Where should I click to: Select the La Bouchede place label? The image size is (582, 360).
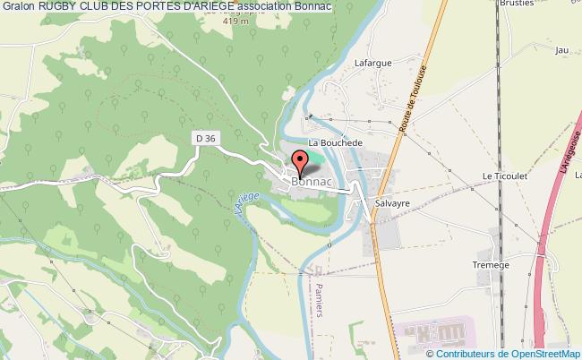tap(335, 142)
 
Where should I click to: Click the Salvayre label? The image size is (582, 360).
tap(391, 204)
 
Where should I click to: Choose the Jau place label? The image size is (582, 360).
tap(562, 50)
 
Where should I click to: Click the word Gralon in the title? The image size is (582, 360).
tap(18, 7)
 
